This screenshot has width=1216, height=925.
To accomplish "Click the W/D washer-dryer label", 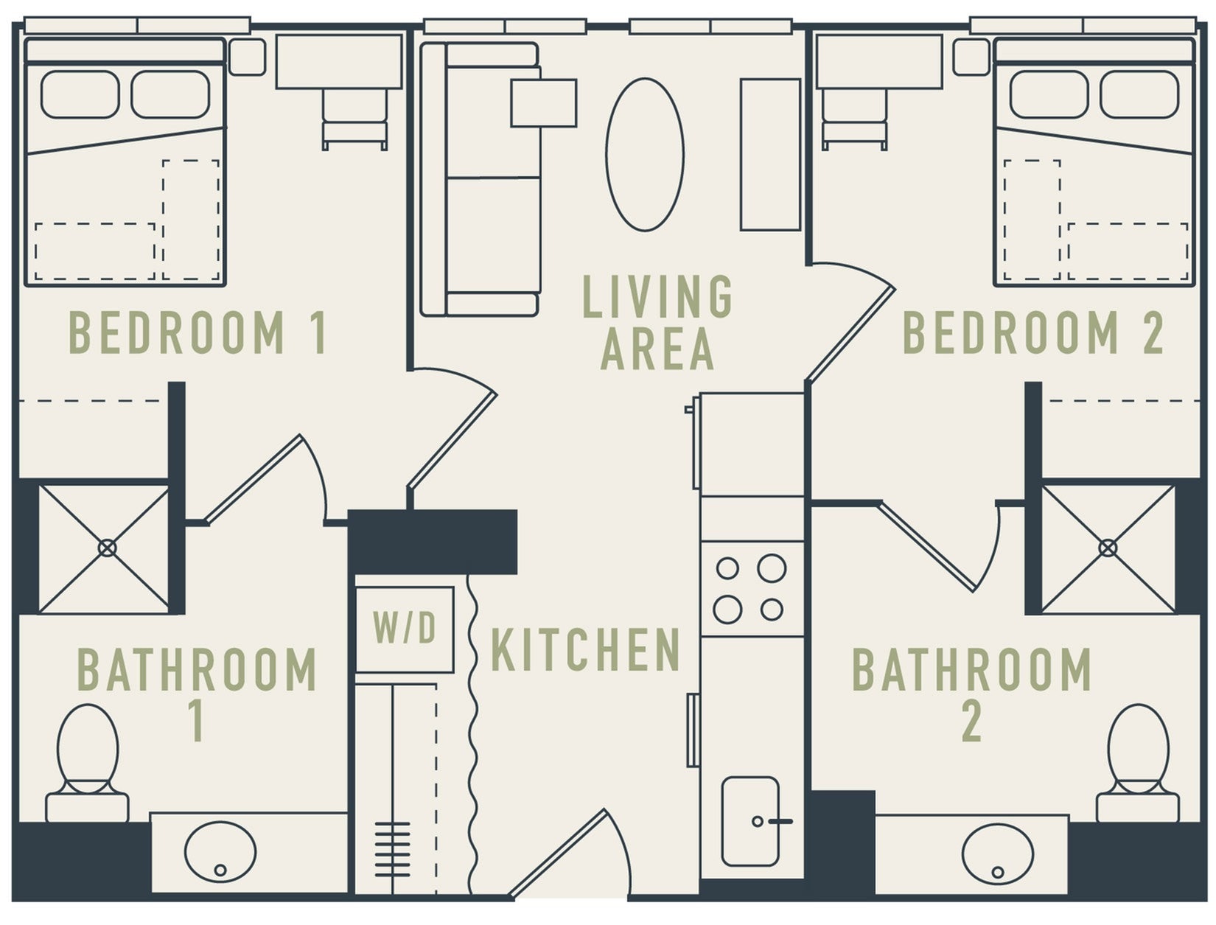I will [x=405, y=629].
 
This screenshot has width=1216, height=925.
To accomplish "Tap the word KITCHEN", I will [x=585, y=650].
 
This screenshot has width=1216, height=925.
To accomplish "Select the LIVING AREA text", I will [x=657, y=322].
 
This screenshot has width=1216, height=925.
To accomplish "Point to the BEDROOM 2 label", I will [x=1033, y=333].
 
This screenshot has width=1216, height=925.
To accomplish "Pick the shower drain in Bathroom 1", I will [x=107, y=548].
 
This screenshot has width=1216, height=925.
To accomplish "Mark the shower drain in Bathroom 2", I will [x=1107, y=548].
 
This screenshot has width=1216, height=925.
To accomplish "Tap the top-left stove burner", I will [x=727, y=568].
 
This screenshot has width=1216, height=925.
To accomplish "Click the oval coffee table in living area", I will [x=645, y=155].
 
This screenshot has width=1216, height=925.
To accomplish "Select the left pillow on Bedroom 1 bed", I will [x=80, y=95].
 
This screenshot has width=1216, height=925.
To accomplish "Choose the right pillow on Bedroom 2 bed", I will [x=1139, y=95].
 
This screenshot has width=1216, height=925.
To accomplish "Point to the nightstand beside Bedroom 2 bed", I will [x=971, y=57].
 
